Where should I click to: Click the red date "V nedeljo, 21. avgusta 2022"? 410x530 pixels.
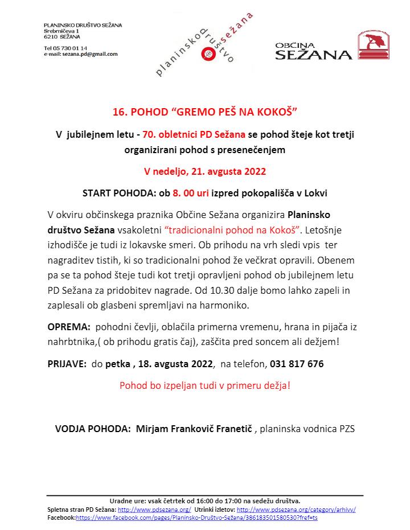(x=204, y=171)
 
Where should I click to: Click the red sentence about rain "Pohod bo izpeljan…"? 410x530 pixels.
(x=204, y=385)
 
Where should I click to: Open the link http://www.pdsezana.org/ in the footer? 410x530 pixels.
(x=154, y=510)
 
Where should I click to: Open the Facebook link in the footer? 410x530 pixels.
(x=196, y=517)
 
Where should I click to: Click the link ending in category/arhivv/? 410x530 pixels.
(x=296, y=510)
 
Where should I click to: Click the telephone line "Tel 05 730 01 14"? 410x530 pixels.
(x=65, y=48)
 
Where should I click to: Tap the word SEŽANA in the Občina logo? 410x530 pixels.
(x=313, y=55)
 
